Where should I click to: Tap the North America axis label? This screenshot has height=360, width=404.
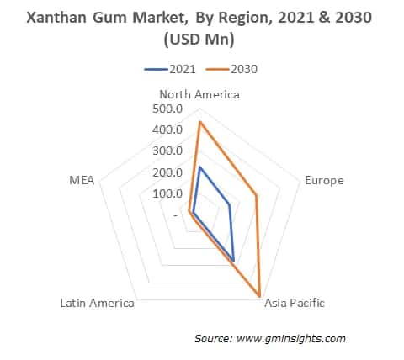(x=200, y=94)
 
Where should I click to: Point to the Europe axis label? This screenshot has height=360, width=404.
(x=324, y=181)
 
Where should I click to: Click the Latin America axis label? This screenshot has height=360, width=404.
(x=97, y=303)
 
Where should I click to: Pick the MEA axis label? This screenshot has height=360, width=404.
(x=82, y=181)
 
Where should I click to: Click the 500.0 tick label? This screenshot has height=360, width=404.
(x=168, y=109)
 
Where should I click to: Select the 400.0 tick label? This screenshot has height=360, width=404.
(x=168, y=130)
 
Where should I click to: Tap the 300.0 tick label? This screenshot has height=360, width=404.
(x=168, y=151)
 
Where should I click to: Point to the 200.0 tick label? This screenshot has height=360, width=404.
(x=168, y=172)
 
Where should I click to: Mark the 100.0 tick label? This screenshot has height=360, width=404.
(x=168, y=193)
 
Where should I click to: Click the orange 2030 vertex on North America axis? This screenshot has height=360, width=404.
(x=199, y=122)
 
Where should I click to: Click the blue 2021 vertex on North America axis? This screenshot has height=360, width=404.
(x=199, y=167)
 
